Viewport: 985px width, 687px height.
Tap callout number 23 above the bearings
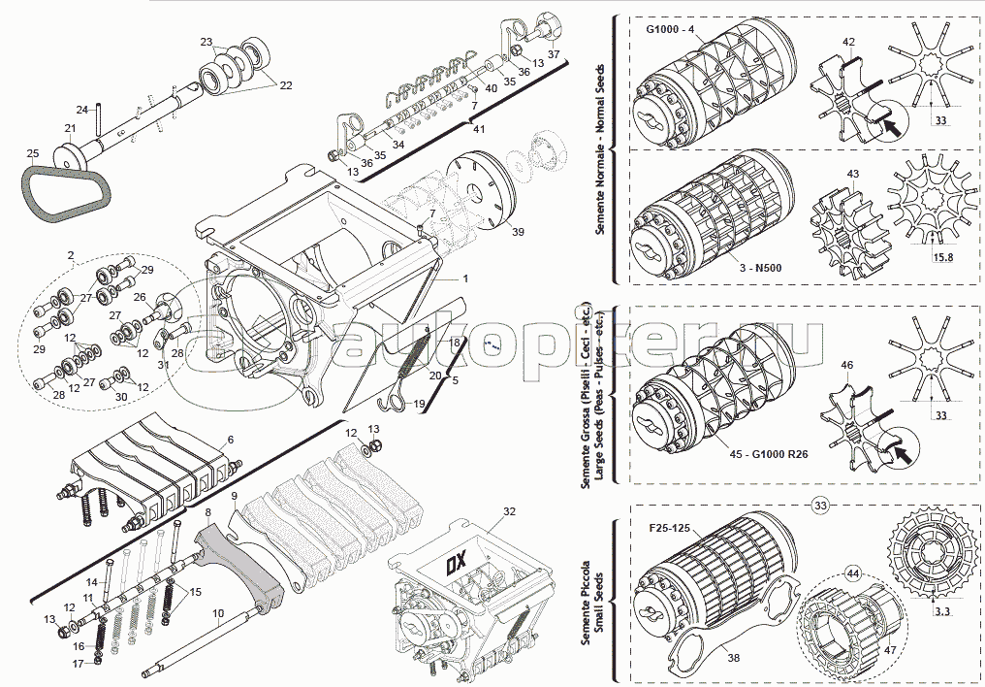coord(206,42)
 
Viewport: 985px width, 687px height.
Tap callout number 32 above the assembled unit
coord(509,510)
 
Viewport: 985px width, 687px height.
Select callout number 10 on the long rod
coord(218,612)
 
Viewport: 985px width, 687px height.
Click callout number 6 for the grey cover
coord(230,440)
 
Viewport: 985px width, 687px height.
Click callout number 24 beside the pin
coord(82,109)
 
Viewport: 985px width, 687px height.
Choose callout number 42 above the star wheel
coord(848,42)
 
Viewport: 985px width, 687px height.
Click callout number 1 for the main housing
coord(465,278)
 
